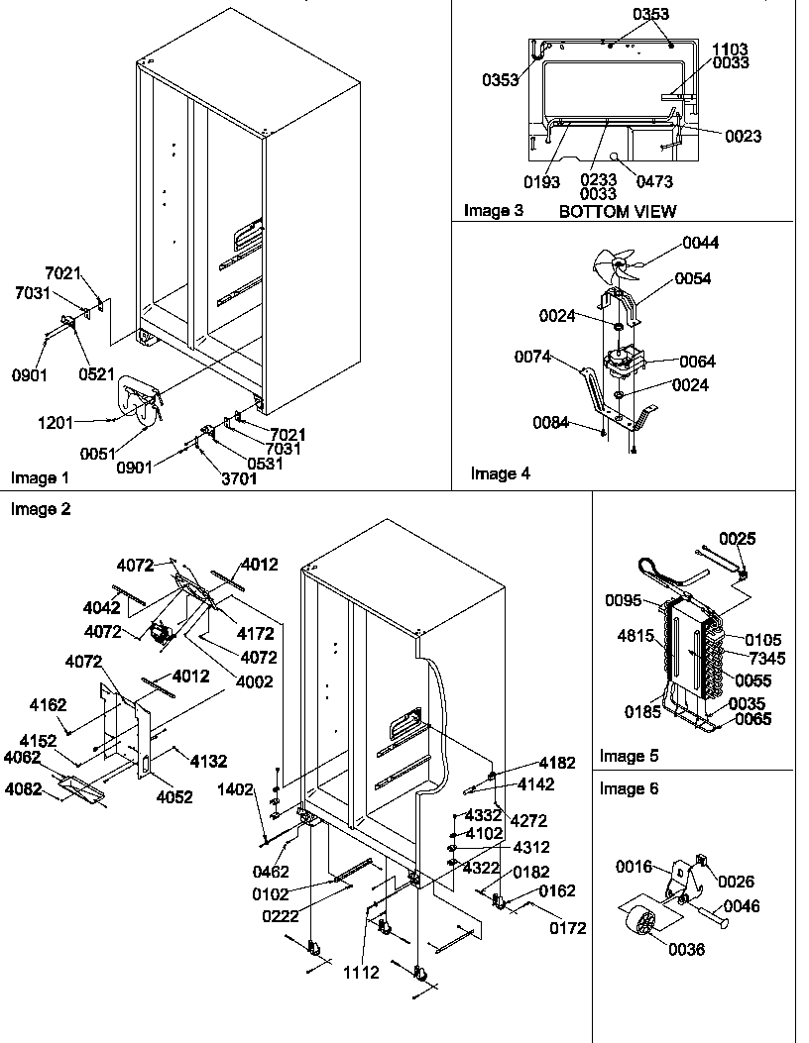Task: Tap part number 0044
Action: [701, 243]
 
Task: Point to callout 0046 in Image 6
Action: [742, 904]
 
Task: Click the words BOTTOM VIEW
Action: [618, 211]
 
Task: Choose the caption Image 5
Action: [630, 757]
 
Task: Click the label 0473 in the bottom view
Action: [654, 181]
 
